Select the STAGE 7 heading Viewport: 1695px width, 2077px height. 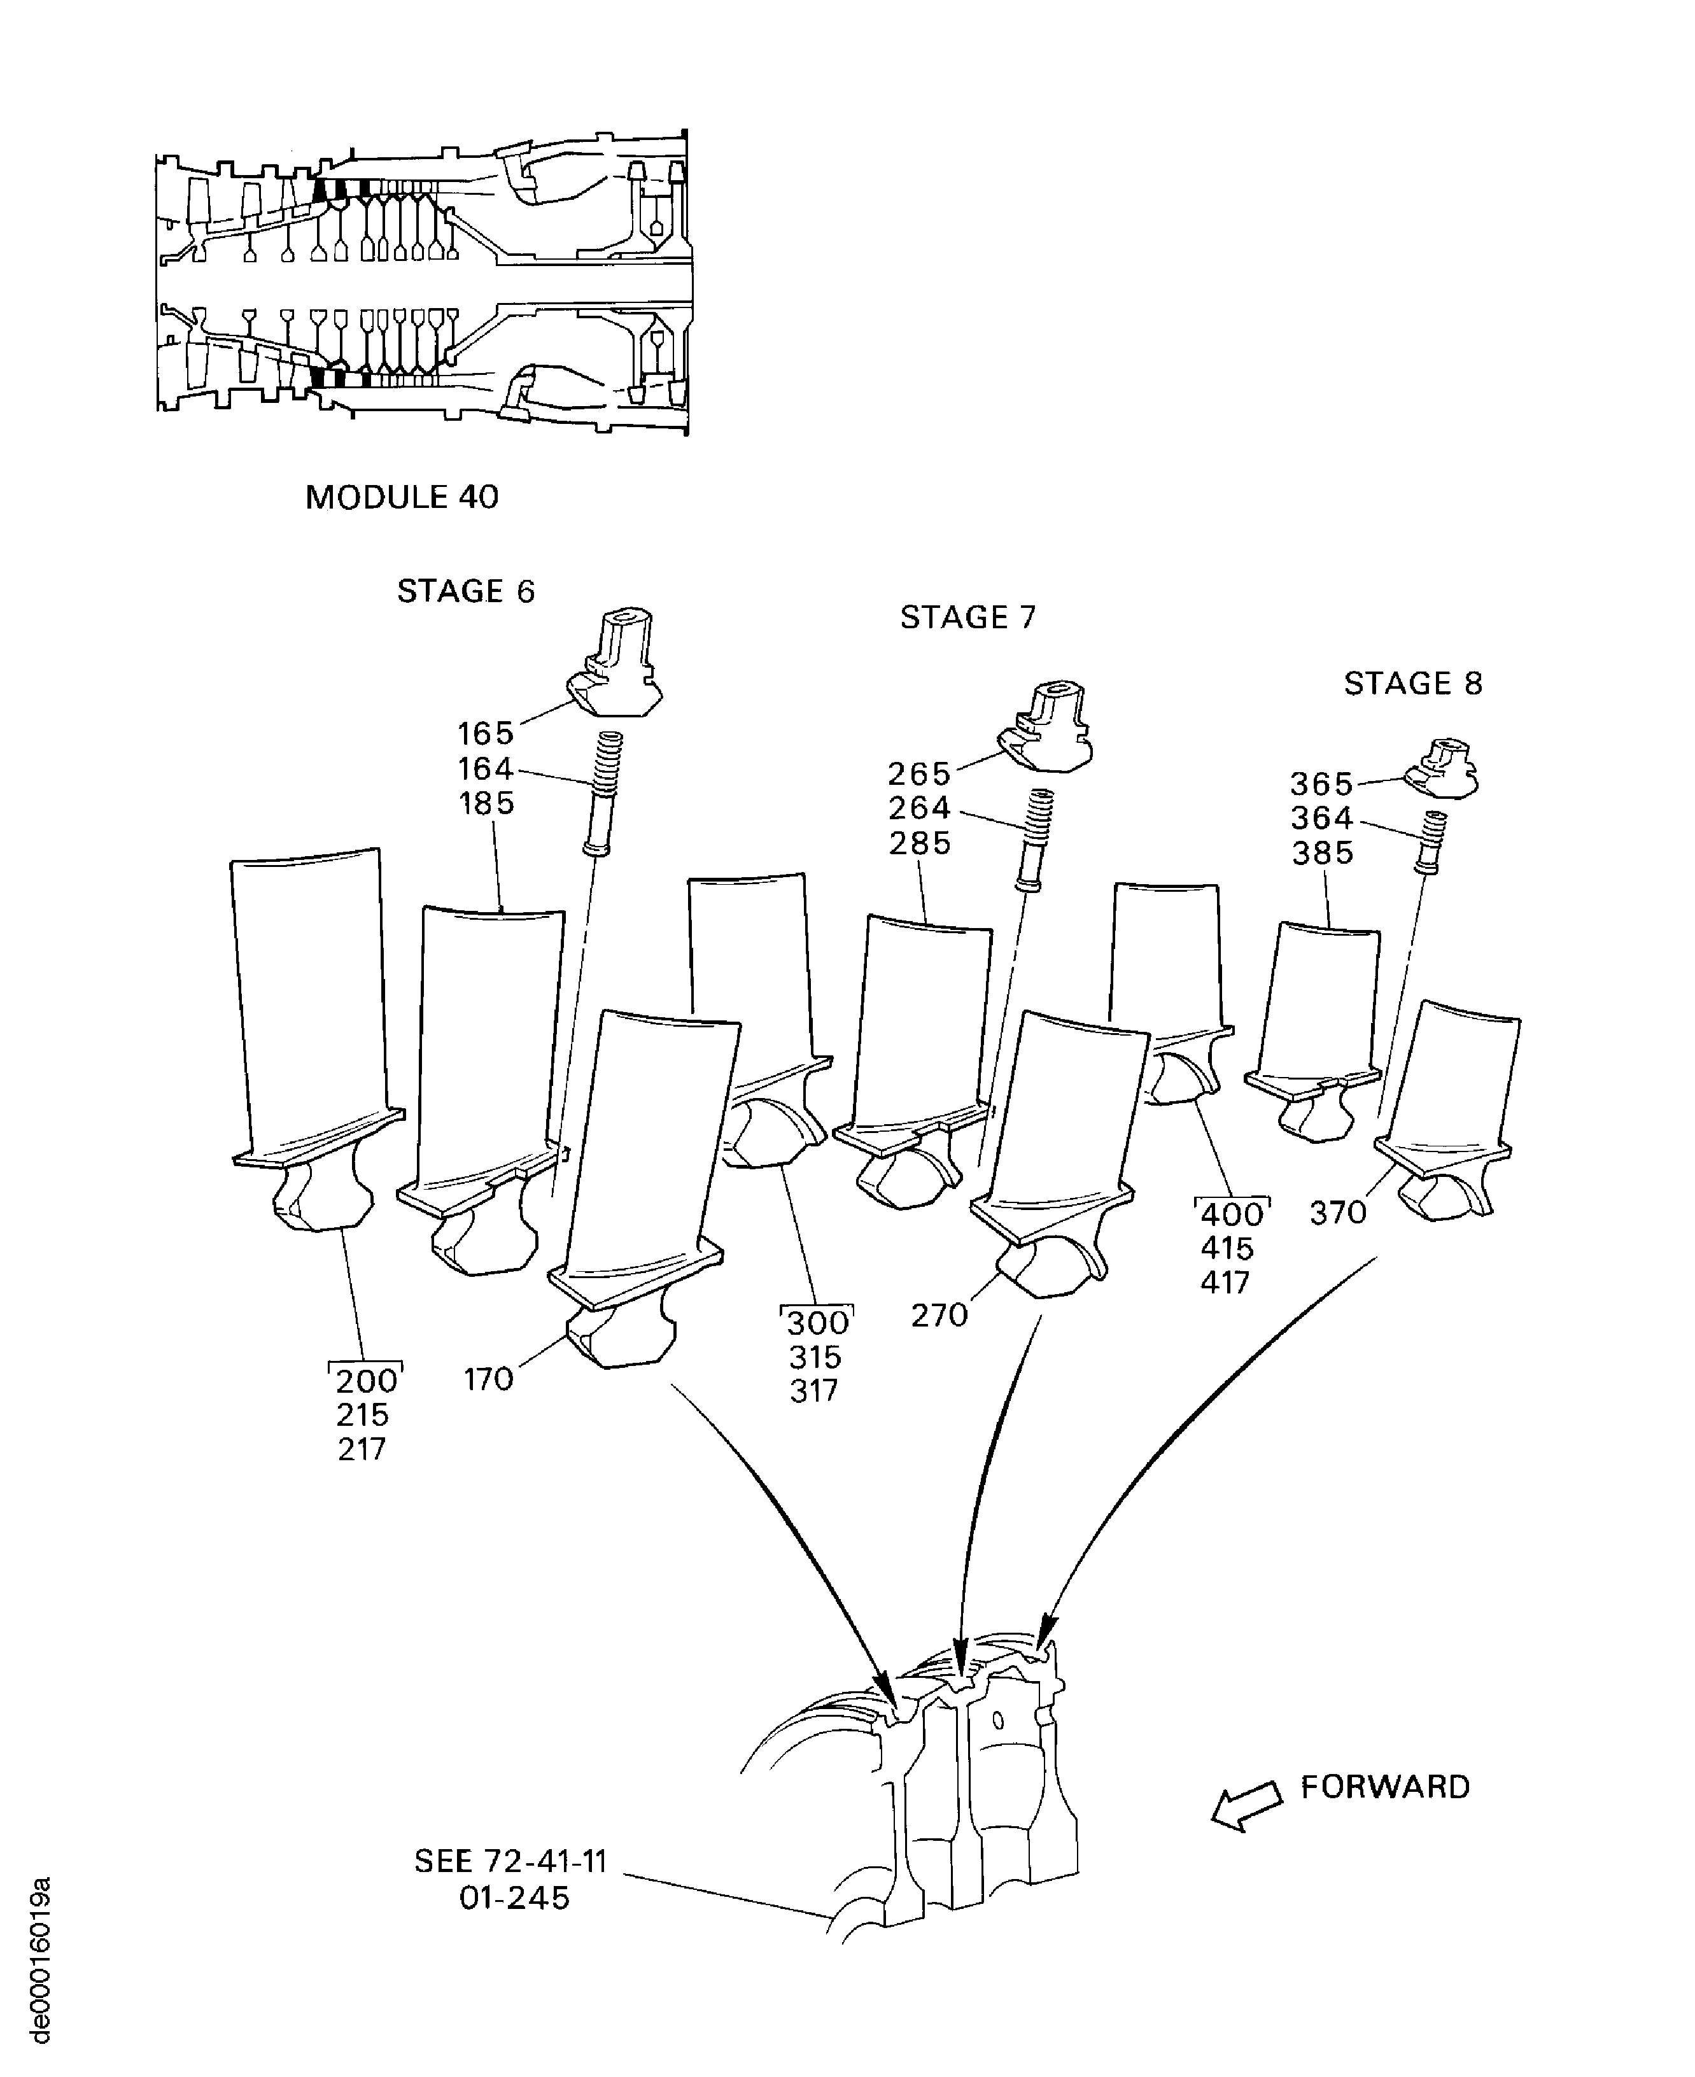tap(967, 617)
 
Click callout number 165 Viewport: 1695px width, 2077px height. tap(485, 733)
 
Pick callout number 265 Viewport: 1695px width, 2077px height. tap(918, 773)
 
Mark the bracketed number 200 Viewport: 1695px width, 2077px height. tap(366, 1381)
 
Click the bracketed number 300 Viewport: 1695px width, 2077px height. tap(817, 1323)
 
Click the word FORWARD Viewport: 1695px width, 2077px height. tap(1384, 1787)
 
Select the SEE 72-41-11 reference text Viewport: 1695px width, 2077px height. tap(510, 1861)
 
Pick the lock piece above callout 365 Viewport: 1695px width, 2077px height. tap(1443, 768)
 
